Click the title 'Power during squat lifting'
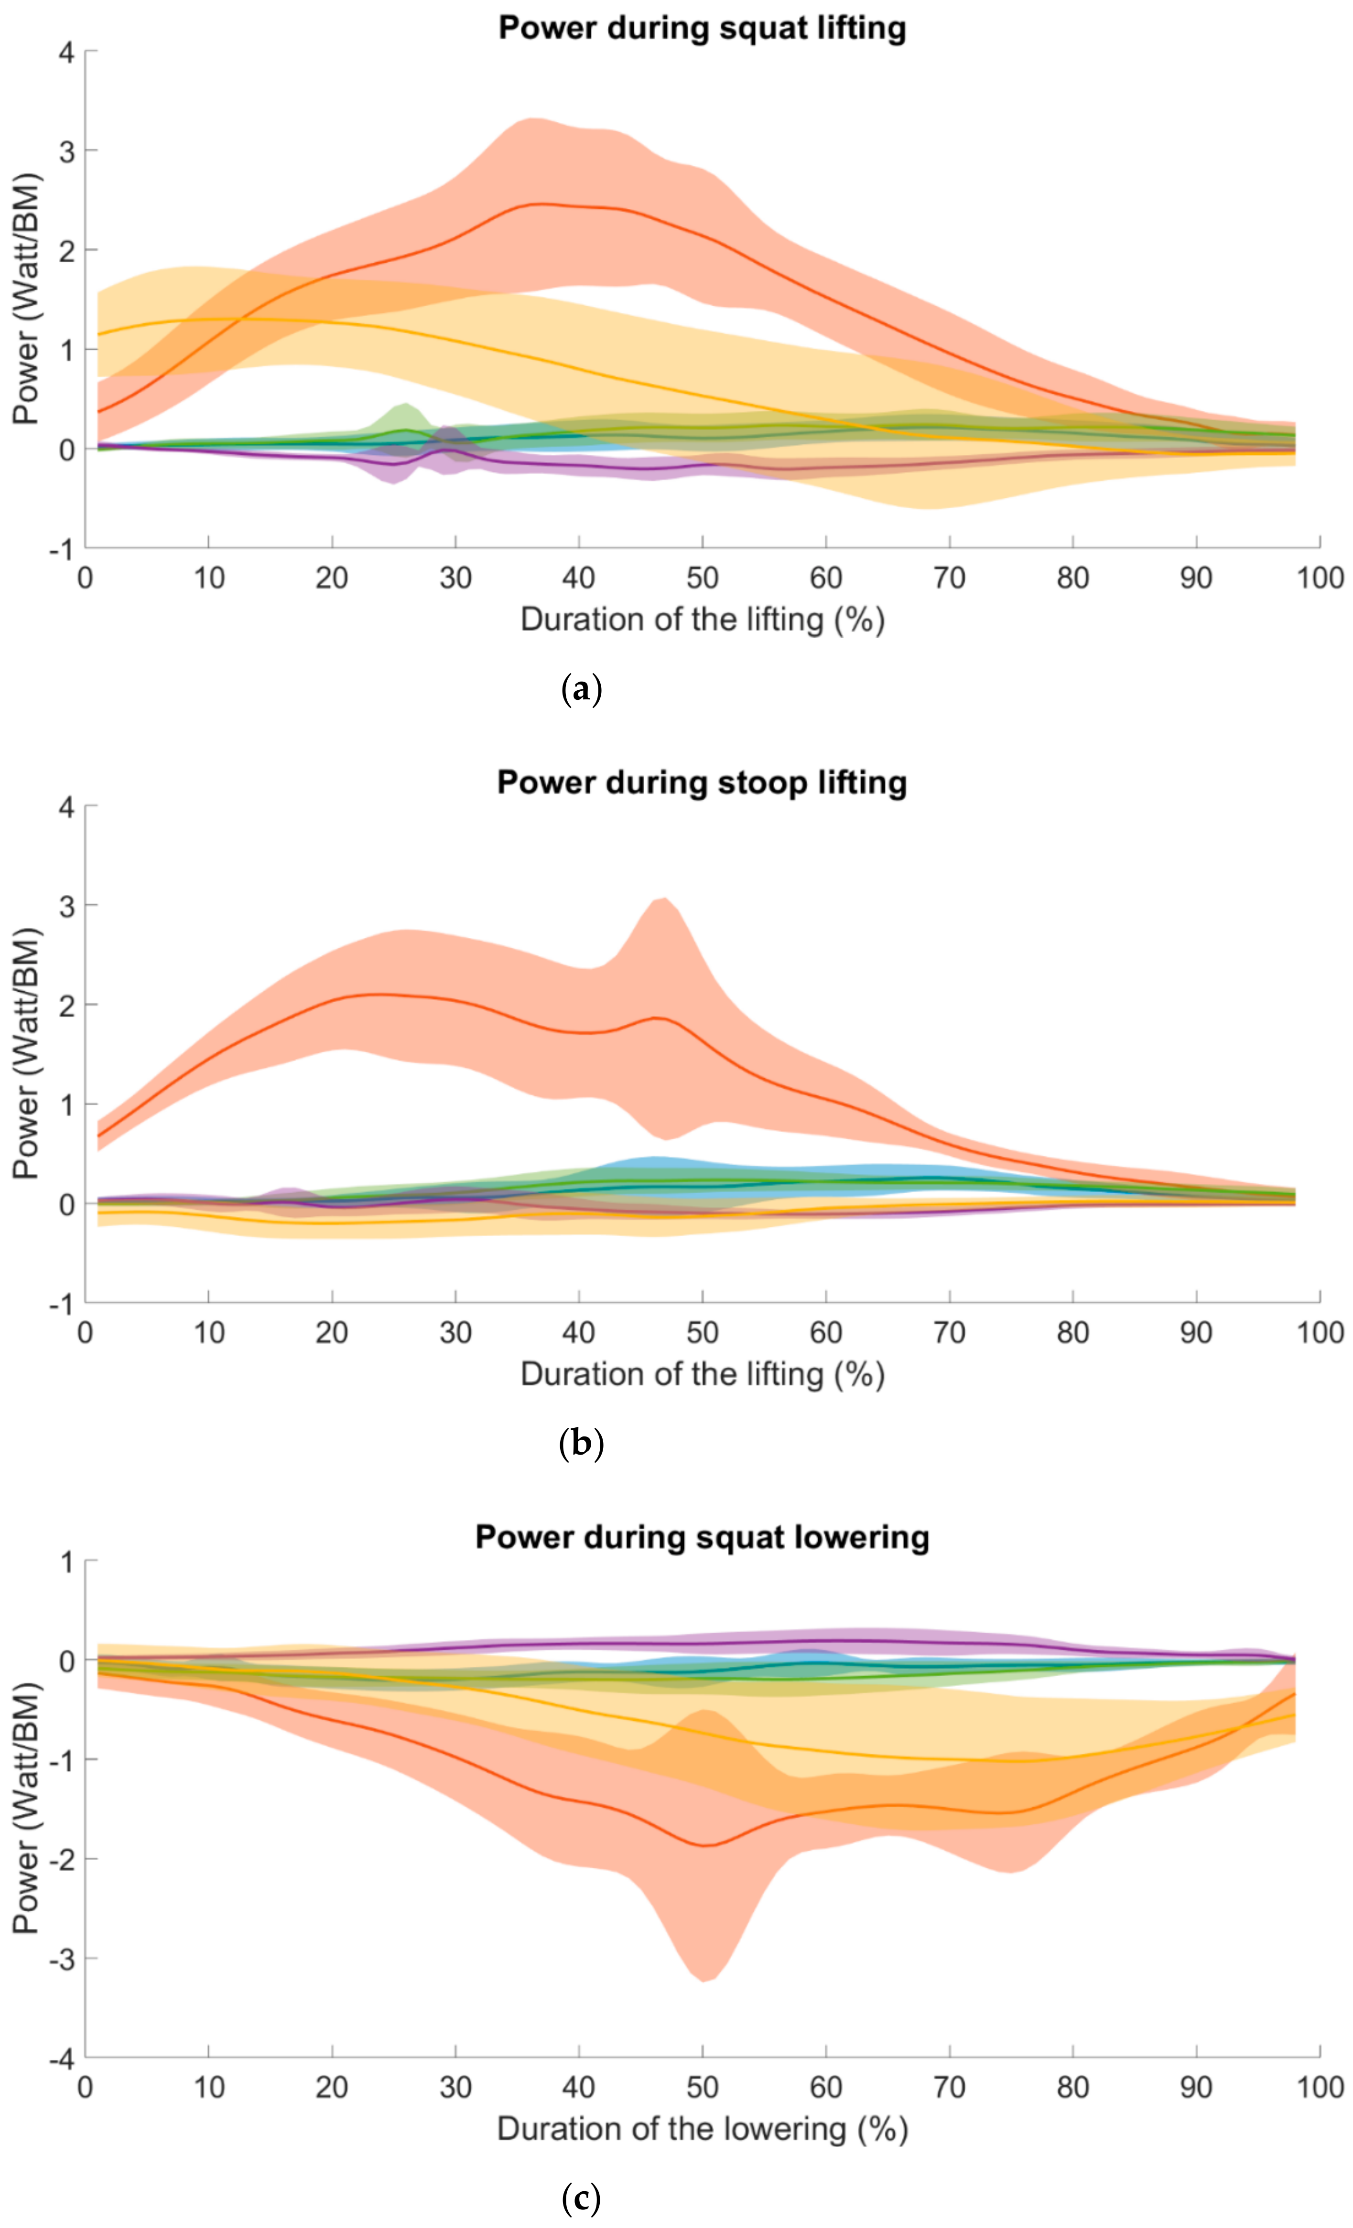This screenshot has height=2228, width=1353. [702, 28]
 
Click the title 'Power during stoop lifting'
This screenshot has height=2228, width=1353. [702, 782]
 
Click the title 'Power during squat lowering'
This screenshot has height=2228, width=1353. [702, 1537]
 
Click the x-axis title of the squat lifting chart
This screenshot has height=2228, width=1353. [702, 620]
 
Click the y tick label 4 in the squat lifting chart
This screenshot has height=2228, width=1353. [66, 52]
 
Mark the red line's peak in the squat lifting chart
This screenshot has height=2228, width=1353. [540, 204]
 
